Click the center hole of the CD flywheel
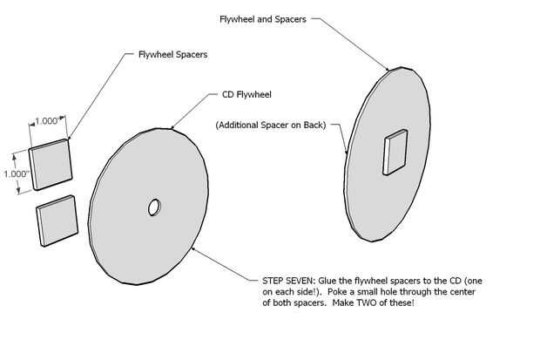coord(153,207)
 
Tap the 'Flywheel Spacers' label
coord(173,55)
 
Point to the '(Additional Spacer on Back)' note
coord(271,126)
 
